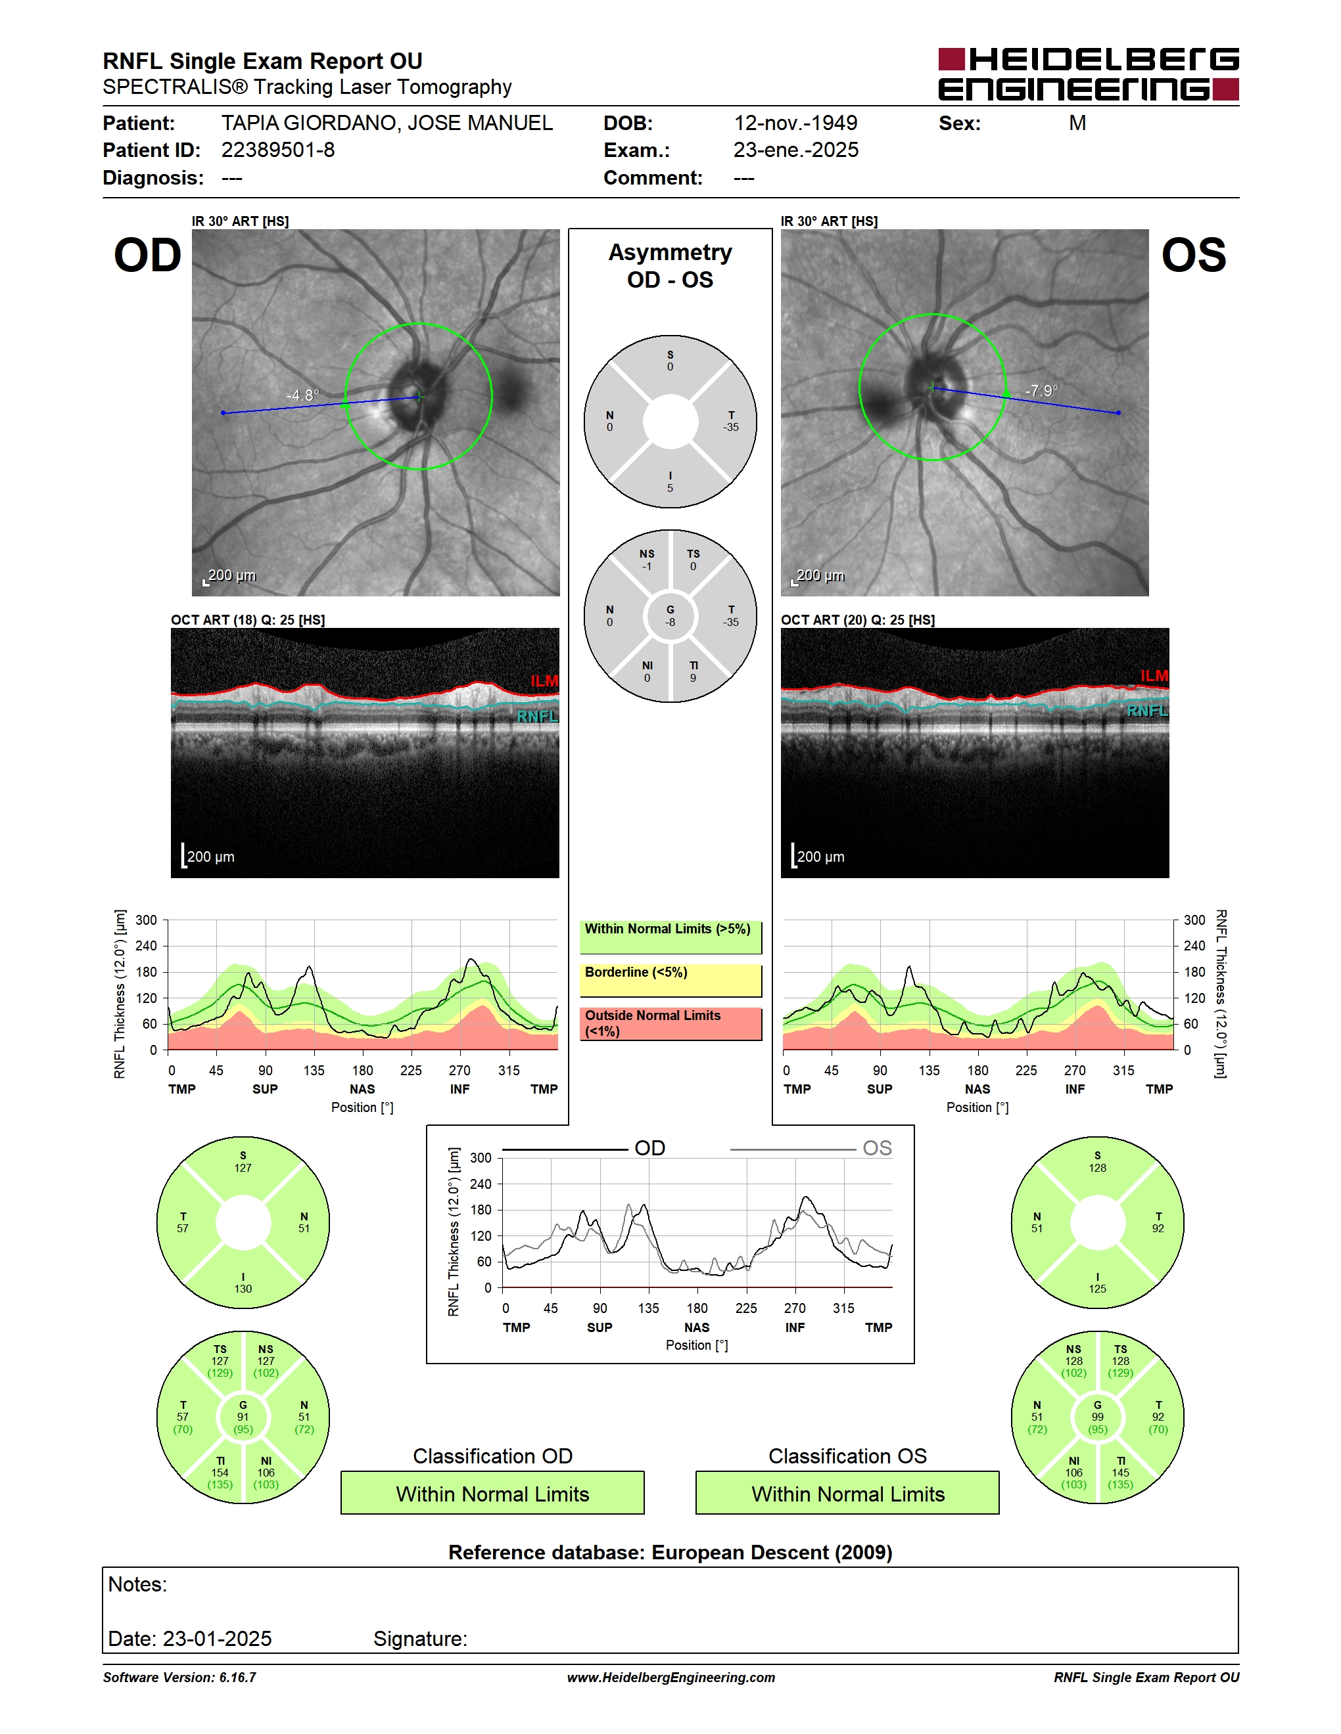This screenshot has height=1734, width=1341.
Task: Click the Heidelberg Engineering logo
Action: [1089, 74]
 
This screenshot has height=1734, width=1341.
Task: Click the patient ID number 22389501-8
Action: [278, 150]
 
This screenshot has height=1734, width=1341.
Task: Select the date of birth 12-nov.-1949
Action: [795, 123]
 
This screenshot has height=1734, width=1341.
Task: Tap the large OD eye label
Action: [148, 256]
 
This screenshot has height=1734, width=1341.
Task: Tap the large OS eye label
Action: [1193, 256]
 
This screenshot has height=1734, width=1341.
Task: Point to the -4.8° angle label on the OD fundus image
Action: [302, 395]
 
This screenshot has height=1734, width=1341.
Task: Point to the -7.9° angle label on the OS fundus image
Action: [1041, 391]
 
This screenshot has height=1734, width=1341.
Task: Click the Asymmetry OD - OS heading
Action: [670, 266]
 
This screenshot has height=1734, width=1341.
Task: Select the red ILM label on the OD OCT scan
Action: [544, 681]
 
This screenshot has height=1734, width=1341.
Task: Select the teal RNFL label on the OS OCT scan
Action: [1147, 711]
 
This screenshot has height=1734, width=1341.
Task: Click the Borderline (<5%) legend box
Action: [670, 981]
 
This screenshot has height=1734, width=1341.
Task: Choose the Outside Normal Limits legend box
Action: [670, 1023]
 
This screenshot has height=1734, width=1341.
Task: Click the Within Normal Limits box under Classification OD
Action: [492, 1494]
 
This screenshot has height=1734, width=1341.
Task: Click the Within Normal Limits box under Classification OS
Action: [848, 1494]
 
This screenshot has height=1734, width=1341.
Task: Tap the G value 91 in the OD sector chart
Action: [243, 1417]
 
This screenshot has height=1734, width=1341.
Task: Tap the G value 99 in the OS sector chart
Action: [1097, 1417]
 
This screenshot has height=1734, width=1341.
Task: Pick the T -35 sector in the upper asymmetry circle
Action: [731, 422]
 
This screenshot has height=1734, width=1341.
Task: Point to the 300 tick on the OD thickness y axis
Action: [146, 920]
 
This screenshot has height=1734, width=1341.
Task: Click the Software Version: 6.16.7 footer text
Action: [179, 1678]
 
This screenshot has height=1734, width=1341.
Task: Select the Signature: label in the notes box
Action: [420, 1639]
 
